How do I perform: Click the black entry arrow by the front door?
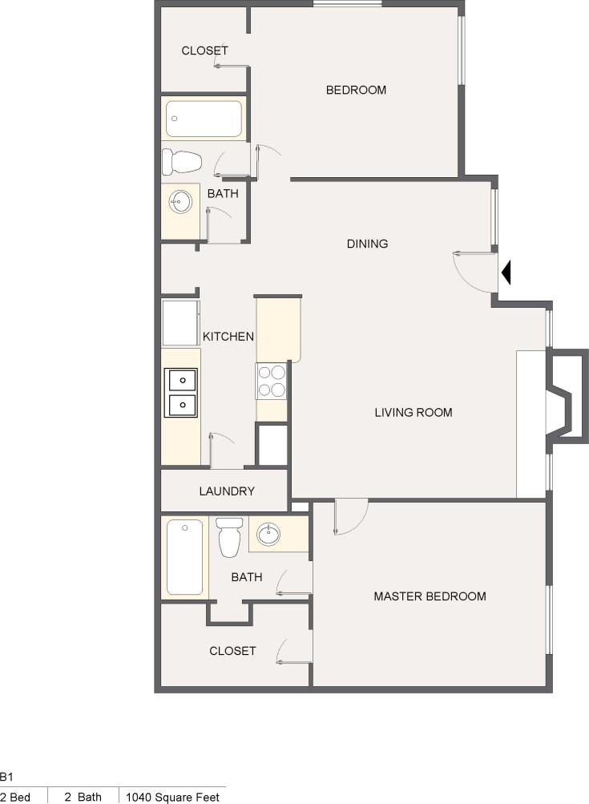[x=506, y=275]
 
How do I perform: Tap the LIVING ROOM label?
[x=414, y=413]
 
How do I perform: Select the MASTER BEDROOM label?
[x=430, y=596]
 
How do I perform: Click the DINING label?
[x=367, y=244]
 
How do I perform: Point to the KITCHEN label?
[x=228, y=337]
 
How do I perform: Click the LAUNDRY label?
[x=227, y=491]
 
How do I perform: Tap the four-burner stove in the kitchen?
[x=272, y=381]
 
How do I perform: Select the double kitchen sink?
[x=181, y=393]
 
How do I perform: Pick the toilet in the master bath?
[x=229, y=536]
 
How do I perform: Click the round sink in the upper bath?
[x=180, y=201]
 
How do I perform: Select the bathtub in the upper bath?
[x=204, y=119]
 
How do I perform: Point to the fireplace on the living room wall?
[x=566, y=394]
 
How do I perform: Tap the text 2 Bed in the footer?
[x=15, y=797]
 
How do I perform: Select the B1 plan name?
[x=7, y=777]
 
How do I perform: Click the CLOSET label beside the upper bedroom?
[x=204, y=51]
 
